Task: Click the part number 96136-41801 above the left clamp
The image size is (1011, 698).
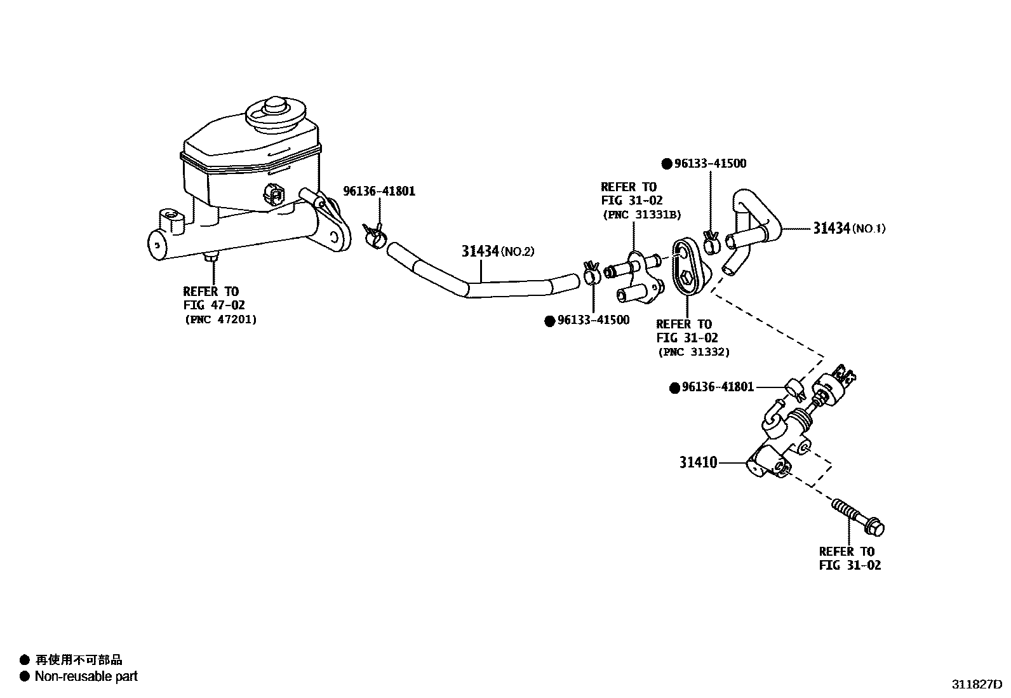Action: click(379, 191)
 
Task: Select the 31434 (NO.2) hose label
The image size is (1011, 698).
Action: click(498, 251)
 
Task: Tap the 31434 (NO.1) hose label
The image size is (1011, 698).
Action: click(849, 229)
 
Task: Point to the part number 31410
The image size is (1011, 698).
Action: click(698, 462)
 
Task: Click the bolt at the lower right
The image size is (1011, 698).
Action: click(857, 518)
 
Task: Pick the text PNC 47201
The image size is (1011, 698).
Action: click(221, 319)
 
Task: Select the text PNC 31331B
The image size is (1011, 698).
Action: click(642, 215)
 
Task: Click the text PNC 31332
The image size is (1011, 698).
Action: click(693, 352)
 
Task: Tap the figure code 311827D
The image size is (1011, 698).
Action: click(976, 685)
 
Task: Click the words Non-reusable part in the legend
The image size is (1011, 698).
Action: click(86, 676)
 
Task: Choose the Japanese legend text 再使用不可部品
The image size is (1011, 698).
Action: click(79, 660)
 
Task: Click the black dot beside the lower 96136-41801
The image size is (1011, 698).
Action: click(674, 388)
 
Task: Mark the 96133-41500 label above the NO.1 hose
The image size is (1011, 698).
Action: click(710, 163)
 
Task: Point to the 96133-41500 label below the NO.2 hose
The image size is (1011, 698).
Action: click(594, 320)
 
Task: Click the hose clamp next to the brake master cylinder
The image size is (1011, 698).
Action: click(374, 234)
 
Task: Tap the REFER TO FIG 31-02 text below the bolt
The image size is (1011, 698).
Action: click(850, 558)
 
